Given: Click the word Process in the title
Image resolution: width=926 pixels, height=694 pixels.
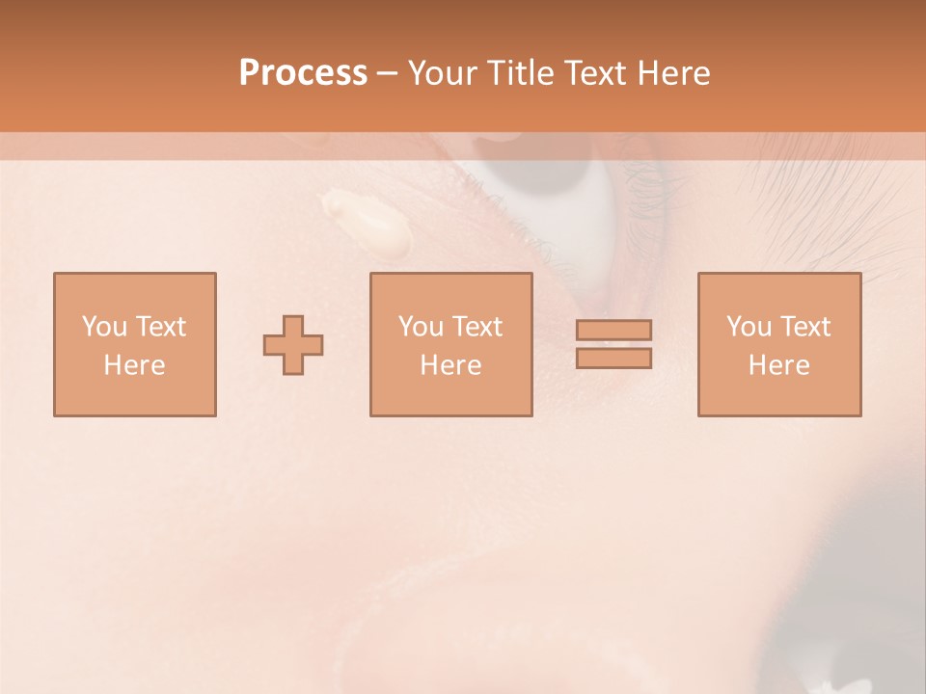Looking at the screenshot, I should tap(303, 73).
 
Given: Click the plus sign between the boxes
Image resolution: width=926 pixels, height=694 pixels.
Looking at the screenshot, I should tap(293, 344).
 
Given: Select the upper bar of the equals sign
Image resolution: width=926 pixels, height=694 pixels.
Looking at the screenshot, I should tap(613, 330).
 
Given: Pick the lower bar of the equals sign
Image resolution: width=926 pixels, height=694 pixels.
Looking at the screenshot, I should tap(613, 358).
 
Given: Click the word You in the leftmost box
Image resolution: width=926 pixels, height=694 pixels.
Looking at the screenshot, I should tap(104, 326).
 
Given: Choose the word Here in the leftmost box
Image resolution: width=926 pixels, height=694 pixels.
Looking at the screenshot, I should tap(134, 364).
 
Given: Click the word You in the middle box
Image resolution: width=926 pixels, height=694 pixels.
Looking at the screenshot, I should tap(421, 326).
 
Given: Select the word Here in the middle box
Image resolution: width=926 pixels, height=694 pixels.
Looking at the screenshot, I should tap(450, 364).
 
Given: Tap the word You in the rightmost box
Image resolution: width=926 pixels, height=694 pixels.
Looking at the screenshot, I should tap(749, 326).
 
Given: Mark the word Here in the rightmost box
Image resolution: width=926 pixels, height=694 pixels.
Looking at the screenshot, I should tap(778, 364).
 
